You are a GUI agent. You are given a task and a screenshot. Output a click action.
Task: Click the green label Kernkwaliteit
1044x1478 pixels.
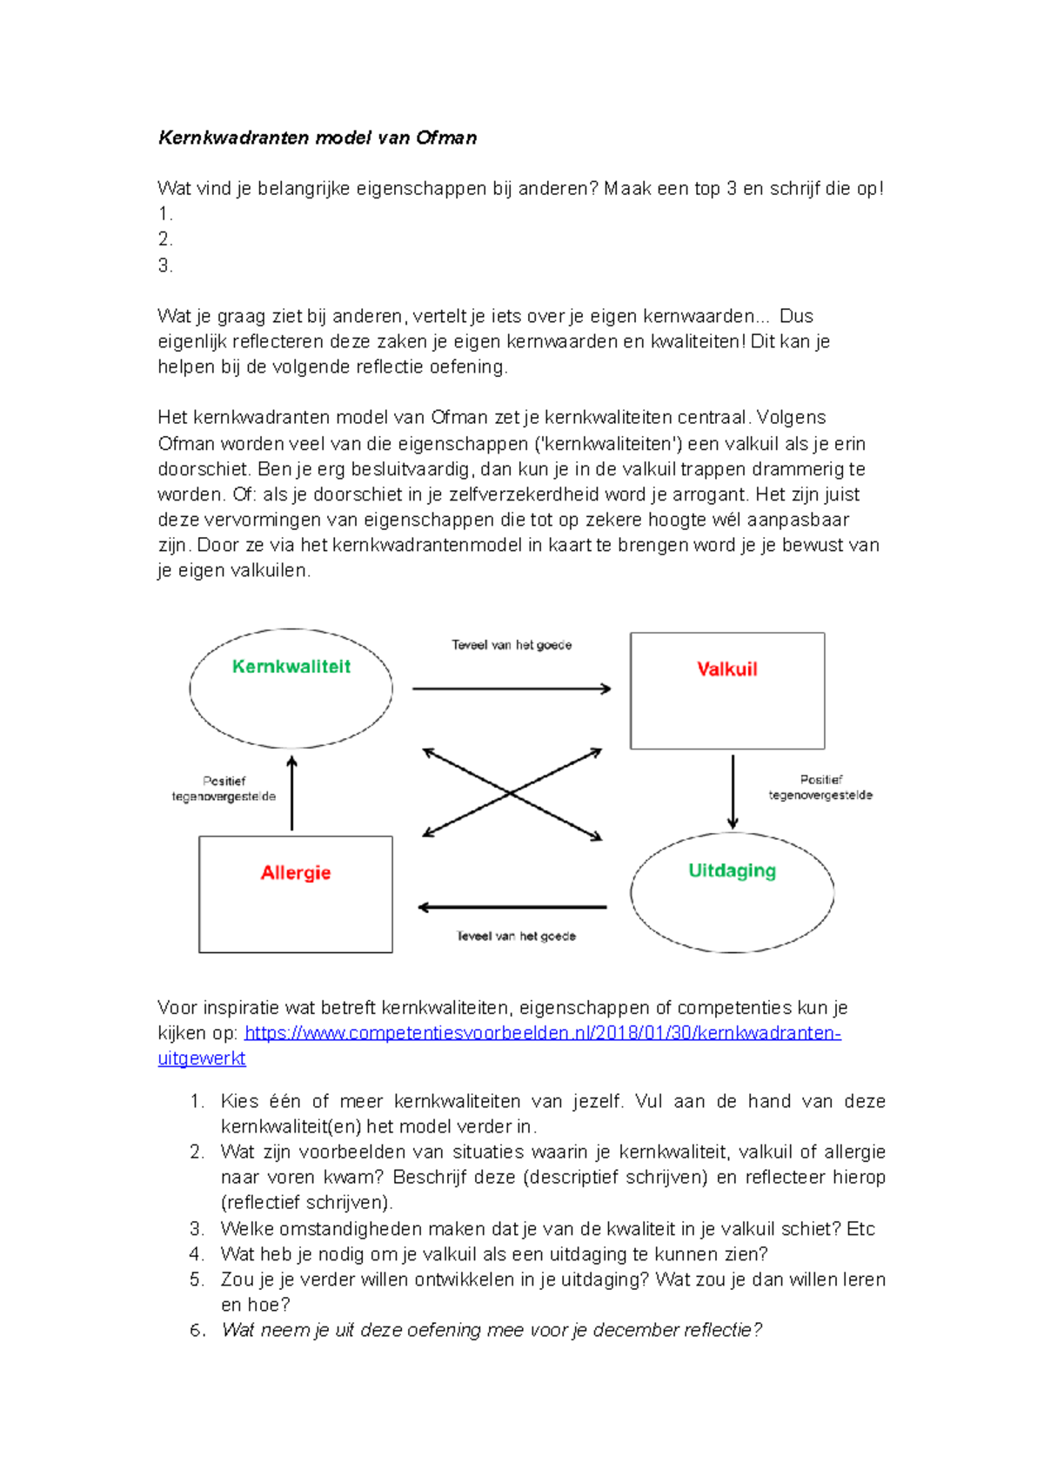click(291, 667)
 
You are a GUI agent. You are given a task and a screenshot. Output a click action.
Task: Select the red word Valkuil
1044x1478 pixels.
click(726, 669)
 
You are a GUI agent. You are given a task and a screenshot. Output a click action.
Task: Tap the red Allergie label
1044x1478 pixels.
click(295, 873)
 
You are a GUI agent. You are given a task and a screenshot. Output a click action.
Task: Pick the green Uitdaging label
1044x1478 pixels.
click(732, 871)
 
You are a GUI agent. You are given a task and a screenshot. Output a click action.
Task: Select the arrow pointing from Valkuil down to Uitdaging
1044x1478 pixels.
click(733, 791)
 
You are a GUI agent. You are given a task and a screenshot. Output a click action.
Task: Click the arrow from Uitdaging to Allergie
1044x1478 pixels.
click(512, 908)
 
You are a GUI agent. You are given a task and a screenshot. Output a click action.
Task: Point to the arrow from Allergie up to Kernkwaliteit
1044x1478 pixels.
click(292, 793)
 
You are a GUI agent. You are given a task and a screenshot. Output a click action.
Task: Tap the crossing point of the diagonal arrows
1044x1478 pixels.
click(512, 793)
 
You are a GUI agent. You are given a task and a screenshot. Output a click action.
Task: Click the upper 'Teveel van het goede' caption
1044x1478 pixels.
click(512, 645)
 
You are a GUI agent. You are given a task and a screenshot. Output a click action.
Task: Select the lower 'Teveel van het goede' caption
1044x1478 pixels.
click(516, 937)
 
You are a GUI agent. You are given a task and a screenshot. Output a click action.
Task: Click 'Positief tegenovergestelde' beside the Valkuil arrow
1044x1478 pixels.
click(820, 788)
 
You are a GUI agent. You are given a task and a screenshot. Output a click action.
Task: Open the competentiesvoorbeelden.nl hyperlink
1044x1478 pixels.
click(542, 1033)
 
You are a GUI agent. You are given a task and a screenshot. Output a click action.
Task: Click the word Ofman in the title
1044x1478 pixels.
click(446, 138)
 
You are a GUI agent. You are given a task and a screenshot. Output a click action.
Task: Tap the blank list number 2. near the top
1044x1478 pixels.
click(165, 239)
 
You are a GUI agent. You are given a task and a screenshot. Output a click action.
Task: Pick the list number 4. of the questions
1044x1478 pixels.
click(197, 1254)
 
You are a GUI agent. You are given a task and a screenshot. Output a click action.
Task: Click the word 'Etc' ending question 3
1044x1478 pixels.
click(860, 1229)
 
